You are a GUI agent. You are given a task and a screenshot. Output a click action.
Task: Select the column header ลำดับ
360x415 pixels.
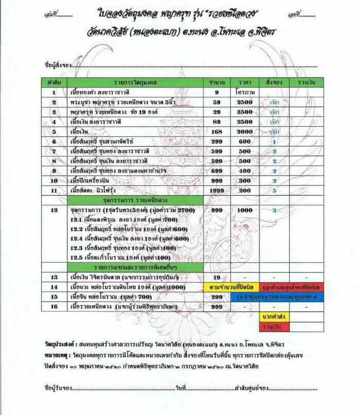[53, 82]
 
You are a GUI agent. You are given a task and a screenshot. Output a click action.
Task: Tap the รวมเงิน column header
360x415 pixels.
[306, 82]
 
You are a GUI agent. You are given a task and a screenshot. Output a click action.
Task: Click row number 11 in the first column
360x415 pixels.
[53, 190]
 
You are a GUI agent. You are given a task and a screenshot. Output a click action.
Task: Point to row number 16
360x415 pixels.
[53, 306]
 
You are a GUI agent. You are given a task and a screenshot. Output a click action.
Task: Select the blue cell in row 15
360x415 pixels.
[277, 297]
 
